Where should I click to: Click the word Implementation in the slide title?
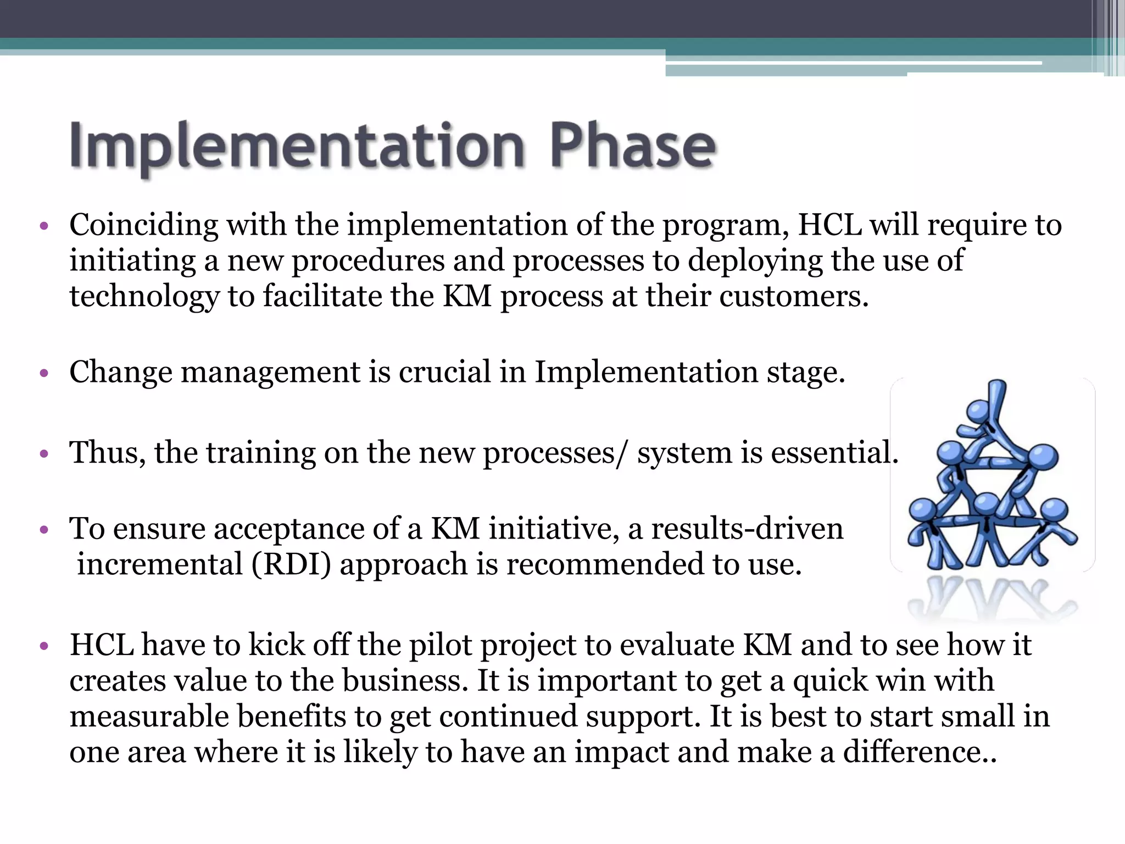point(297,146)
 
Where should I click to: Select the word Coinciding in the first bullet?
point(144,225)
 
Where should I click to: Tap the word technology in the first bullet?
point(144,297)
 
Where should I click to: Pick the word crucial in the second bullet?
point(444,372)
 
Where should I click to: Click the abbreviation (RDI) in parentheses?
point(291,565)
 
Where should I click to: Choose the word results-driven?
point(747,529)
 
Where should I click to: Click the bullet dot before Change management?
point(44,374)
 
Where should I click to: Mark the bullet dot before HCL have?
point(44,646)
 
